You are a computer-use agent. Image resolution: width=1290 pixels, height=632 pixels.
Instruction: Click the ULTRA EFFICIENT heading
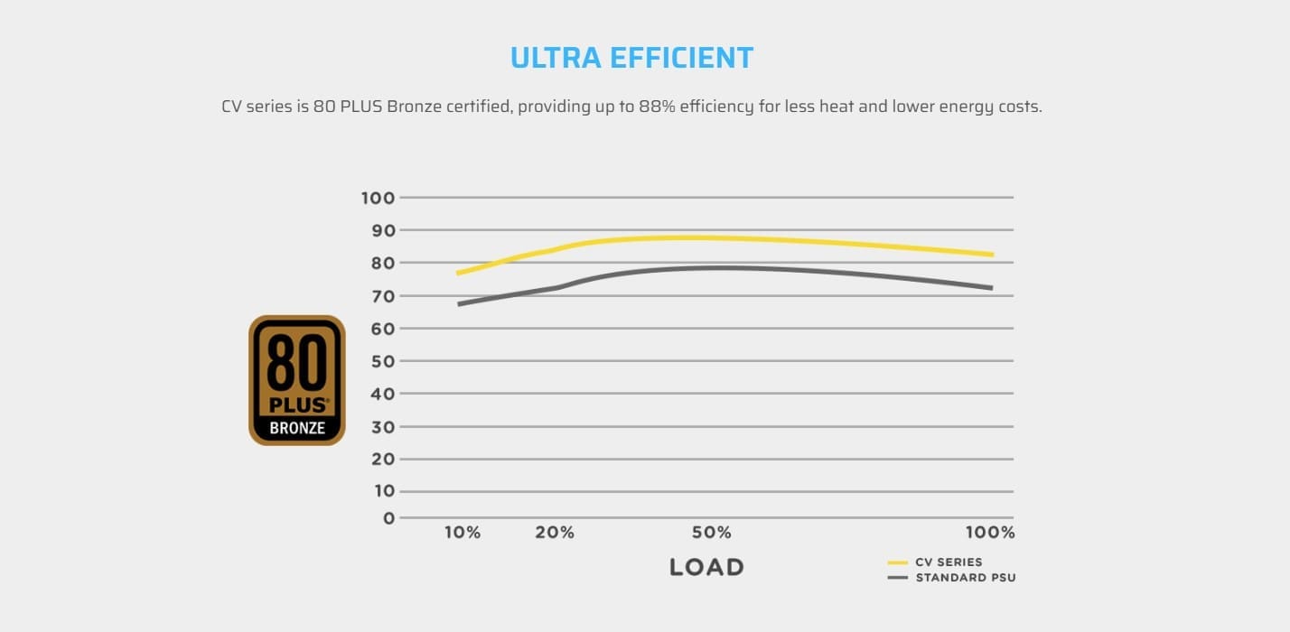[x=631, y=58]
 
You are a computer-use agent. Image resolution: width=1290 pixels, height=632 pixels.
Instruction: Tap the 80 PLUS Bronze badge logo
[x=297, y=380]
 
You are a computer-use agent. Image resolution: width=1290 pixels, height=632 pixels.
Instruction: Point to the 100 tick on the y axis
[x=378, y=198]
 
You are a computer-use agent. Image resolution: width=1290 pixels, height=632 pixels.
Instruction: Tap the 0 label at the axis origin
[x=388, y=518]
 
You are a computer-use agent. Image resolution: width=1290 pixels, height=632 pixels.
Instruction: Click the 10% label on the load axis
[x=463, y=533]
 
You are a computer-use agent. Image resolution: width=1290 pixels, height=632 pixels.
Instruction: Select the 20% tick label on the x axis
[x=555, y=533]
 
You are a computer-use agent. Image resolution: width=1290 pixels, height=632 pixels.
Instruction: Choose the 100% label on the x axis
[x=990, y=533]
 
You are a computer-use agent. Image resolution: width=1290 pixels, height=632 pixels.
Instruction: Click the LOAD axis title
[x=706, y=568]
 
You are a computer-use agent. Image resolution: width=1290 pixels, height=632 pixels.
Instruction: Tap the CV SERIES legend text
[x=949, y=562]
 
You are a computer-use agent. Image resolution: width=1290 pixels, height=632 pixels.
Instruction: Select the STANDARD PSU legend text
[x=966, y=578]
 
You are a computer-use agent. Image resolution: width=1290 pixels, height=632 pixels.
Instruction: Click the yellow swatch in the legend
[x=898, y=562]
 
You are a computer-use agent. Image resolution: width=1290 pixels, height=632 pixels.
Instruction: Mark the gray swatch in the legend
[x=898, y=578]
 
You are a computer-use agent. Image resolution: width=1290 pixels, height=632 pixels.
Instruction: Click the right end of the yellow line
[x=991, y=255]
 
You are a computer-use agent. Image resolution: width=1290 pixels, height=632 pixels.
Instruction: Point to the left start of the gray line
[x=460, y=303]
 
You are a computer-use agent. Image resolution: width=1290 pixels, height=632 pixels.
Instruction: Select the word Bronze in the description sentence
[x=415, y=107]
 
